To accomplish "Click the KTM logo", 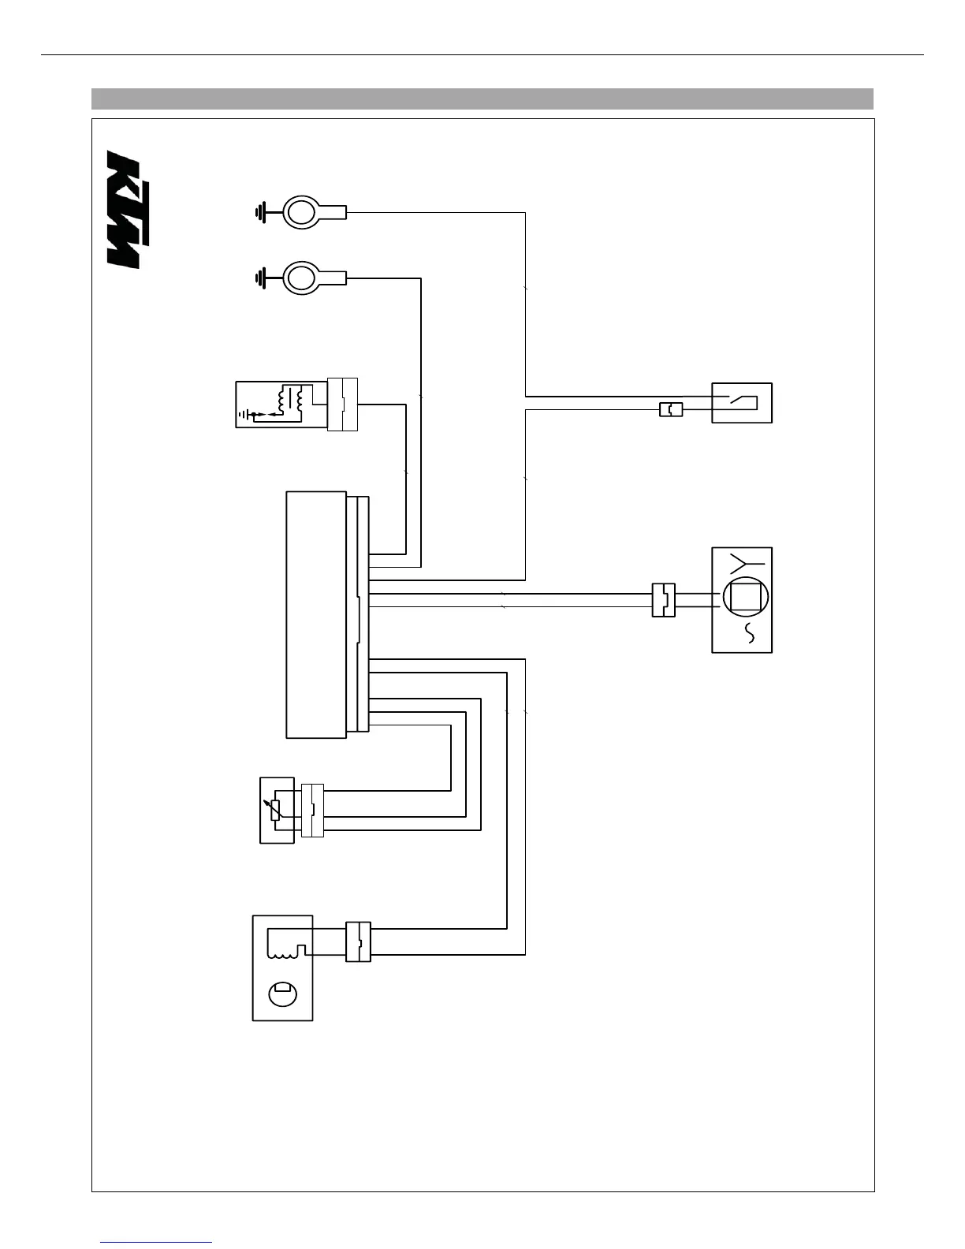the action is pyautogui.click(x=124, y=209).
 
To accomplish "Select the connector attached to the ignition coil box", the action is pyautogui.click(x=342, y=405).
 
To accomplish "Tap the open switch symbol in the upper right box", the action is pyautogui.click(x=742, y=402).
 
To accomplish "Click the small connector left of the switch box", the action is pyautogui.click(x=670, y=409).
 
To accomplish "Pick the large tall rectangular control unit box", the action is pyautogui.click(x=316, y=614).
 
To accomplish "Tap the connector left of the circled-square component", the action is pyautogui.click(x=664, y=599).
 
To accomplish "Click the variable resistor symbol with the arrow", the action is pyautogui.click(x=275, y=810).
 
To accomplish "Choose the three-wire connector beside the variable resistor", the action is pyautogui.click(x=312, y=810).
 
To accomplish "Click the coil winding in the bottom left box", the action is pyautogui.click(x=286, y=943).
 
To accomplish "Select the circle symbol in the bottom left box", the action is pyautogui.click(x=282, y=993).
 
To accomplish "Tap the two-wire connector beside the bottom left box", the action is pyautogui.click(x=358, y=941).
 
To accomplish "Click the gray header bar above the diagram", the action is pyautogui.click(x=482, y=99).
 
